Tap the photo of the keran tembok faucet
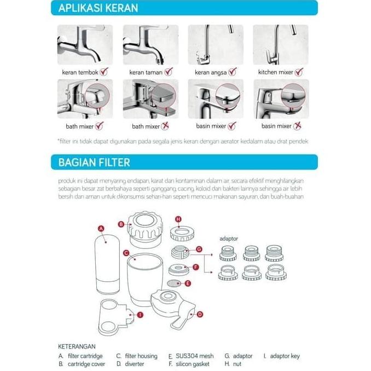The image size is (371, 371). pyautogui.click(x=85, y=45)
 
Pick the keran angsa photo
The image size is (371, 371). pyautogui.click(x=216, y=45)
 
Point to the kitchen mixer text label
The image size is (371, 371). pyautogui.click(x=276, y=72)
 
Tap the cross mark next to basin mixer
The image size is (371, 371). pyautogui.click(x=298, y=126)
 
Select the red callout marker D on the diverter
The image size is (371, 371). pyautogui.click(x=200, y=314)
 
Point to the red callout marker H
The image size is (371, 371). pyautogui.click(x=178, y=219)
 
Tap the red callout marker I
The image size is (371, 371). pyautogui.click(x=140, y=315)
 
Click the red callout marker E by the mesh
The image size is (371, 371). pyautogui.click(x=188, y=283)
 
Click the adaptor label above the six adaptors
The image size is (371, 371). pyautogui.click(x=229, y=239)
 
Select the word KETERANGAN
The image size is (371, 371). pyautogui.click(x=77, y=346)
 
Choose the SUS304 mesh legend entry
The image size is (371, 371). pyautogui.click(x=192, y=356)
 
